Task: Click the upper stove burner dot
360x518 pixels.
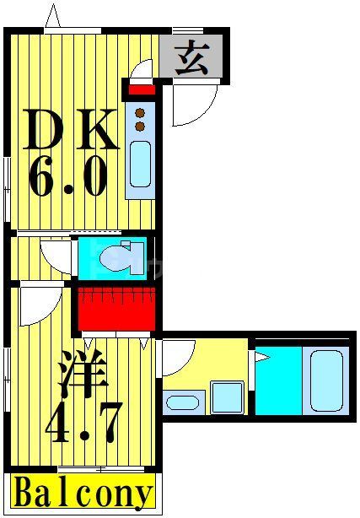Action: click(140, 111)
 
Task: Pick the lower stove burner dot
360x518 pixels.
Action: click(140, 126)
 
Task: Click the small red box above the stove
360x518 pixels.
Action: click(141, 89)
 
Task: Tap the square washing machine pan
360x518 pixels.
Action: click(226, 397)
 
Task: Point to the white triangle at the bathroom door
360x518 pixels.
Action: click(261, 358)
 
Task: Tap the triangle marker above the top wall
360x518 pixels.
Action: click(53, 15)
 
